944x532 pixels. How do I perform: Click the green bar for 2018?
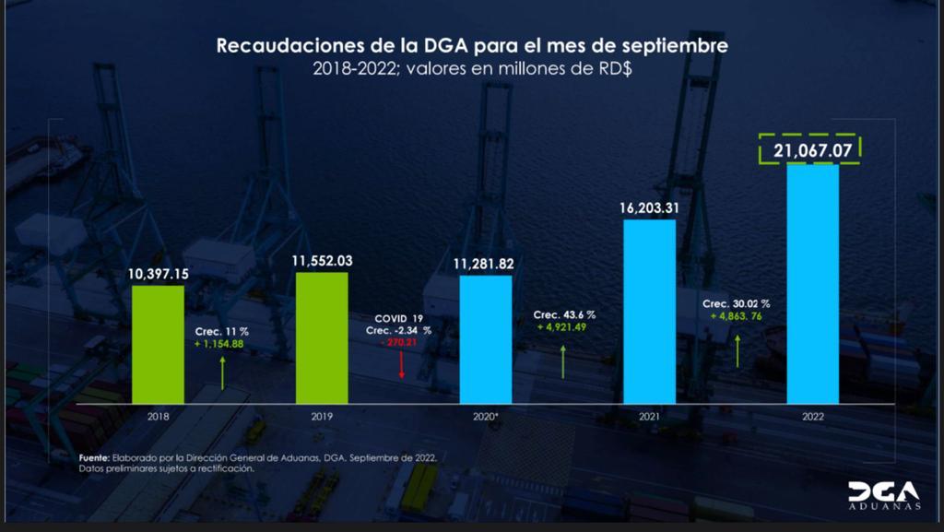point(158,344)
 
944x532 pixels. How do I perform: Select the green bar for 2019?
point(322,337)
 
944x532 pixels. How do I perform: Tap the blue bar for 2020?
point(485,339)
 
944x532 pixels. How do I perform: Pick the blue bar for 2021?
point(649,311)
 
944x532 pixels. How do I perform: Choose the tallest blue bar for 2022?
point(813,283)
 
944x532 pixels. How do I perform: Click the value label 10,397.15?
point(158,275)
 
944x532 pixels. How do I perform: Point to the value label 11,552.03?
point(322,261)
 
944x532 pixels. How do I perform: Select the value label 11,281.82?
point(483,264)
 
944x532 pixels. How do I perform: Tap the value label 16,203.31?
point(649,208)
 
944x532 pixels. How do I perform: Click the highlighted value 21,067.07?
point(813,150)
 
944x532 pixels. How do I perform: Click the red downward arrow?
point(402,365)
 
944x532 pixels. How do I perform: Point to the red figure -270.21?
point(398,342)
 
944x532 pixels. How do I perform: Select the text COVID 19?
point(398,318)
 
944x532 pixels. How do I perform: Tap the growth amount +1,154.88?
point(218,344)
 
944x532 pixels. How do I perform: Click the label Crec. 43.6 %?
point(564,314)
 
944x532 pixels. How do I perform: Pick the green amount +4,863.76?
point(736,316)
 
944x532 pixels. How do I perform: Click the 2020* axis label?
point(485,416)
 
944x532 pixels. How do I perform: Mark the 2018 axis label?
point(158,416)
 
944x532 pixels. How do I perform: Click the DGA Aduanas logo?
point(884,495)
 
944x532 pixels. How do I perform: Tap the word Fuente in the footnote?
point(94,458)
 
